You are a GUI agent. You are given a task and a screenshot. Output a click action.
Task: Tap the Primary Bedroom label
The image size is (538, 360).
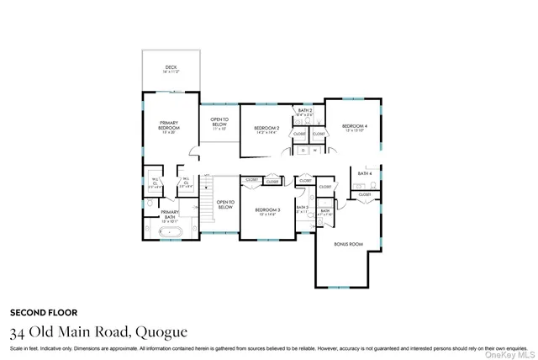pyautogui.click(x=170, y=127)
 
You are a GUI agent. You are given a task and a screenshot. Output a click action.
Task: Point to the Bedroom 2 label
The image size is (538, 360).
pyautogui.click(x=266, y=130)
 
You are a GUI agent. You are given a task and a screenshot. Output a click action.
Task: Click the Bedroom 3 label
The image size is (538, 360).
pyautogui.click(x=266, y=211)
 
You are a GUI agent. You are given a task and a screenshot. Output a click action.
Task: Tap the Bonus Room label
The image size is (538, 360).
pyautogui.click(x=347, y=244)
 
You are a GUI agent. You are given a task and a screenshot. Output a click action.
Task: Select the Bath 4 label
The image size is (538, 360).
pyautogui.click(x=364, y=174)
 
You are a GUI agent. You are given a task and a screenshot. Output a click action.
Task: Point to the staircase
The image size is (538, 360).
pyautogui.click(x=203, y=202)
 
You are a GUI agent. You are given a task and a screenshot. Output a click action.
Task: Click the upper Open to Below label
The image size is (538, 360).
pyautogui.click(x=219, y=123)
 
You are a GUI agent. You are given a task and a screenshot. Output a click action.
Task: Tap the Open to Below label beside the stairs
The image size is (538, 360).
pyautogui.click(x=224, y=204)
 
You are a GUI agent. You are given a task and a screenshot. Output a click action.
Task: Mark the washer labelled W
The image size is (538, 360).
pyautogui.click(x=314, y=151)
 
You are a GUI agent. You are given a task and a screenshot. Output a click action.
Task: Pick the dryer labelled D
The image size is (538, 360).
pyautogui.click(x=301, y=151)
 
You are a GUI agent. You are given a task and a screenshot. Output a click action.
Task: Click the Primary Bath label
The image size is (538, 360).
pyautogui.click(x=170, y=214)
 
